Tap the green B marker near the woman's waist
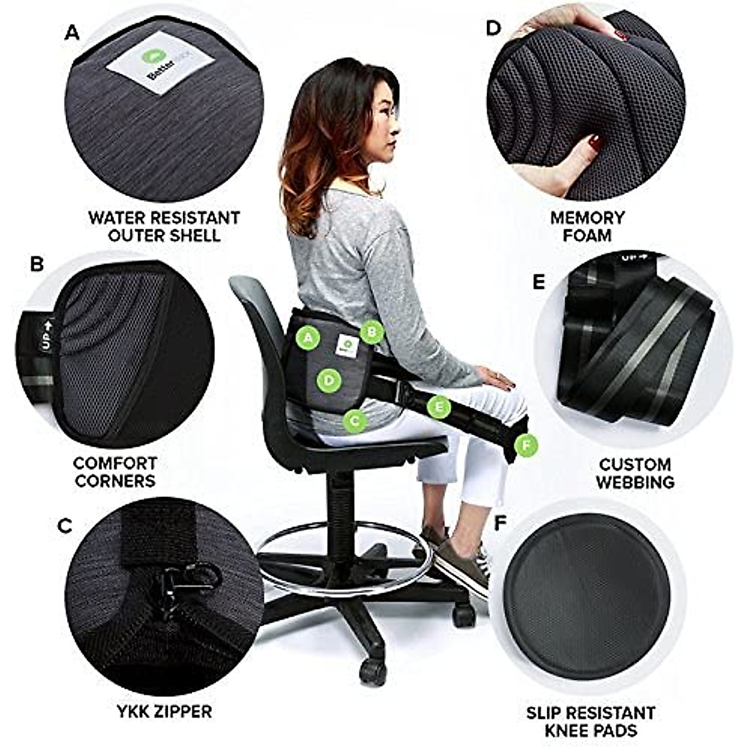click(372, 332)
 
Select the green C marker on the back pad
click(355, 421)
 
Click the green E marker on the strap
click(439, 408)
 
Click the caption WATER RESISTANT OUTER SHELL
click(164, 226)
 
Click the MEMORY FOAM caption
click(587, 226)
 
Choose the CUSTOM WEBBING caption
click(634, 473)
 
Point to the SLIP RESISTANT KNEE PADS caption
click(590, 721)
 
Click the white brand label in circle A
click(148, 72)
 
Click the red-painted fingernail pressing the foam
click(593, 144)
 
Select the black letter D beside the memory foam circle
click(494, 28)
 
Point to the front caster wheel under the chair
click(373, 669)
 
